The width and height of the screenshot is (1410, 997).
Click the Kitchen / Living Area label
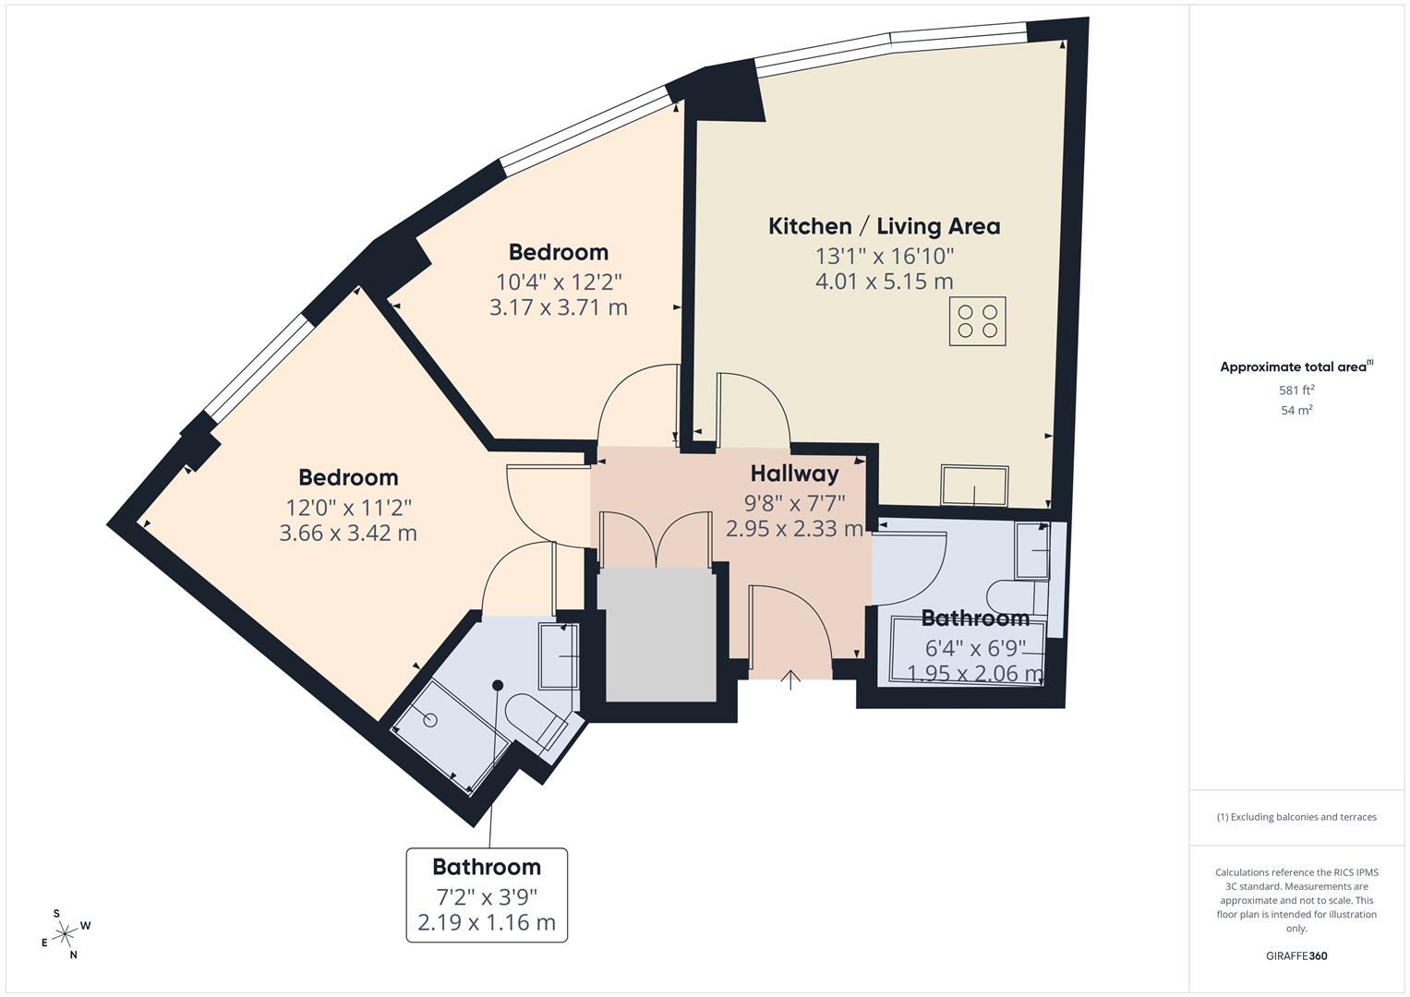pos(884,226)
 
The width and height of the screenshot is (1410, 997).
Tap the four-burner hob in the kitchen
pos(978,321)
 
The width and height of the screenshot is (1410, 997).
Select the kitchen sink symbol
pos(974,486)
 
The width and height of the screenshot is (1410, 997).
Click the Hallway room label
pos(794,474)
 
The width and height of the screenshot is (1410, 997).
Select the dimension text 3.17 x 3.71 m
pos(558,307)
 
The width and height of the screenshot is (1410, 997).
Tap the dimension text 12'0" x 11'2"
pos(348,507)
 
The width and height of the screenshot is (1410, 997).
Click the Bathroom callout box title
pos(487,867)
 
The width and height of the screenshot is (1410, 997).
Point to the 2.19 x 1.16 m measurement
pos(487,922)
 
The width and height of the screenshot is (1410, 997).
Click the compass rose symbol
pos(65,934)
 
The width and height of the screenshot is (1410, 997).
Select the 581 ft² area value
pos(1296,390)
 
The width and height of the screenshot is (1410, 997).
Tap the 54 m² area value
pos(1296,411)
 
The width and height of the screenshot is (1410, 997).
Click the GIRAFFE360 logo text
pos(1296,955)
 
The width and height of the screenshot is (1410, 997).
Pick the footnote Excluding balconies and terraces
pos(1296,817)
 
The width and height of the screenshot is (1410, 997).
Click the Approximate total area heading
pos(1295,367)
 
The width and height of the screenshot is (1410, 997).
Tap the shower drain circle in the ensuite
pos(430,721)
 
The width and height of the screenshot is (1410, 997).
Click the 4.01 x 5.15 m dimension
pos(884,282)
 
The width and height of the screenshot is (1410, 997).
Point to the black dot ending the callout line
pos(498,685)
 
